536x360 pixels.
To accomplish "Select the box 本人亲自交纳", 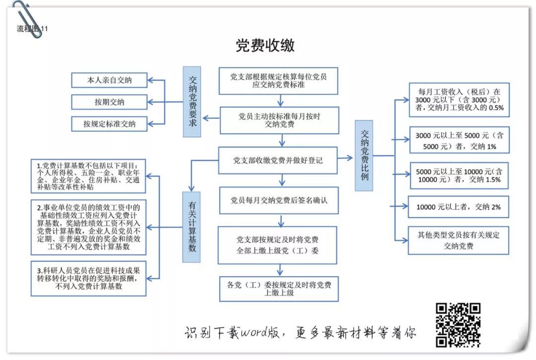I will (110, 80).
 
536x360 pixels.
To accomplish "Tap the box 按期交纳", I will (110, 102).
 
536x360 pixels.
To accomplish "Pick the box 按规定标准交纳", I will (110, 124).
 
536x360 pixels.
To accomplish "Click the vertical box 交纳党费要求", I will (193, 101).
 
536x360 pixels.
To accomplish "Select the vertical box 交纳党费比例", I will (365, 155).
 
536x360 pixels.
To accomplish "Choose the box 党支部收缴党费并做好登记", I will (278, 160).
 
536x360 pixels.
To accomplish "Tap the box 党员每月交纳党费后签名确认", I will (278, 200).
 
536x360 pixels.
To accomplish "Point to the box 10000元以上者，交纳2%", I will (458, 207).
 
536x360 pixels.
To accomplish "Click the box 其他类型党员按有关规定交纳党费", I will (458, 240).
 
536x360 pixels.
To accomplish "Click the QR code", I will (458, 325).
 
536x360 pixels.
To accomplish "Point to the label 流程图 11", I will (32, 29).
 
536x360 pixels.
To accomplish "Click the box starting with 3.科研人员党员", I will (89, 278).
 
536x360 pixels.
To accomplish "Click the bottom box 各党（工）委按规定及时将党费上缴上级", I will (278, 289).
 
